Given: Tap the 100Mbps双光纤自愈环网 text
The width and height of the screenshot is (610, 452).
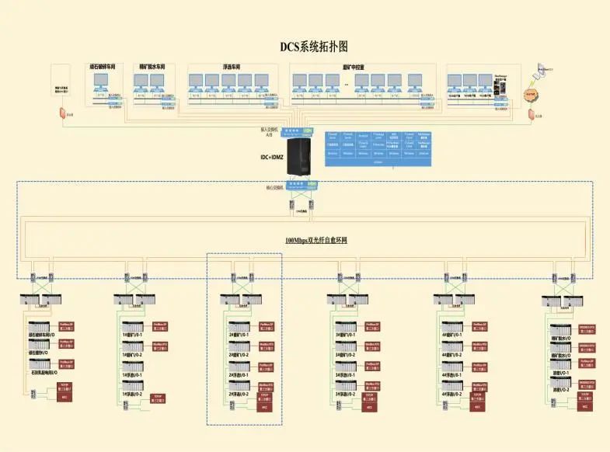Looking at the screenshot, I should coord(315,240).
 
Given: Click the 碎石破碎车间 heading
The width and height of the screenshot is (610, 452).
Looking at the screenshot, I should coord(103,67).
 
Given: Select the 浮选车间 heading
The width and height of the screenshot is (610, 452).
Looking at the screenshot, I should coord(232,67).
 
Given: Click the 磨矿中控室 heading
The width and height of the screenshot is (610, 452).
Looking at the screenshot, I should coord(354,67).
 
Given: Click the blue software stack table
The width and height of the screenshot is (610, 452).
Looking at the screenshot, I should coord(378,146).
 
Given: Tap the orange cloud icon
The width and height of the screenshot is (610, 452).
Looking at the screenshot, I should coord(531,94).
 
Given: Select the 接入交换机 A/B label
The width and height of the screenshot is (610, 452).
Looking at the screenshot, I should coord(270,131).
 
